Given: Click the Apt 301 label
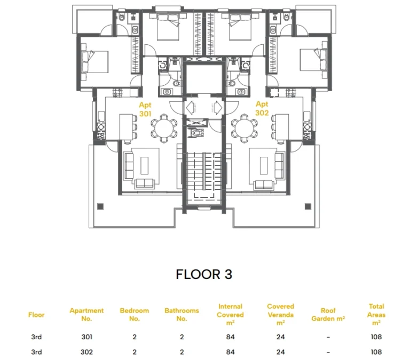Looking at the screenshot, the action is tap(145, 109).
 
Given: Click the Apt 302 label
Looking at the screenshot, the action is tap(262, 108).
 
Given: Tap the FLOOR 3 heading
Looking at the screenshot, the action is tap(204, 274).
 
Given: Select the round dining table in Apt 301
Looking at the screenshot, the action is tap(164, 129).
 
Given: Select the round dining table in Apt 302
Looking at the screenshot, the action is tap(244, 129).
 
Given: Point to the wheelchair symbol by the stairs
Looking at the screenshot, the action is tap(196, 132).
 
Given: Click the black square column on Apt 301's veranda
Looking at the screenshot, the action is tap(100, 206).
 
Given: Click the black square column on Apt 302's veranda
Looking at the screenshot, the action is tap(307, 206).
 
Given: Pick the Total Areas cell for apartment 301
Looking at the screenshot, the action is tap(376, 337).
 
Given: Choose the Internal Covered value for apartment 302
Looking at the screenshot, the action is tap(230, 352).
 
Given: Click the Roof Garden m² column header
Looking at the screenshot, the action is tap(328, 315).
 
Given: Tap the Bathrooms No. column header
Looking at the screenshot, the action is tap(182, 315).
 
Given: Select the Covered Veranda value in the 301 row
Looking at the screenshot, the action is tap(281, 337).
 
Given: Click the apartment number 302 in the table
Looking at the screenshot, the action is tap(86, 352).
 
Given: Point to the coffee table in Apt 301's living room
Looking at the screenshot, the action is tap(145, 165).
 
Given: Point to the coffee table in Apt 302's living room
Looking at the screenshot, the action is tap(264, 165).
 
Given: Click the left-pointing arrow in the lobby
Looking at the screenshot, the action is tap(191, 107).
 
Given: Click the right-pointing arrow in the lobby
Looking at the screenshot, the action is tap(218, 107).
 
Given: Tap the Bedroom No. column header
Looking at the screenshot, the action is tap(135, 315).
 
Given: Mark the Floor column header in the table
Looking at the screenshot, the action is tap(36, 315).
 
